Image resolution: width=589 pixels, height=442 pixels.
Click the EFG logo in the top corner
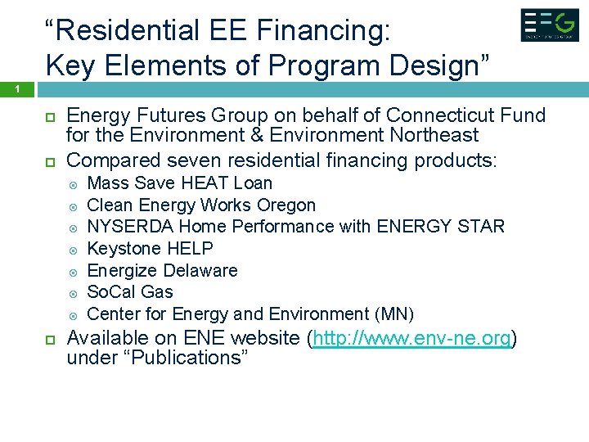[x=549, y=25]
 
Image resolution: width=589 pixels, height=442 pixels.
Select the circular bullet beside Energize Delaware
[x=73, y=271]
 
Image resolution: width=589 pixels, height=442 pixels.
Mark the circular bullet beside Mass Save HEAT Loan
[x=73, y=183]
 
